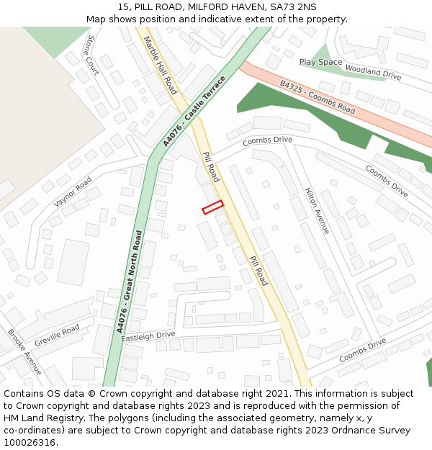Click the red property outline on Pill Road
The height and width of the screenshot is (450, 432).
[212, 207]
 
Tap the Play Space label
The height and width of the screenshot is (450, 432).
[320, 63]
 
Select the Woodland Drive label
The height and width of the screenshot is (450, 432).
[372, 71]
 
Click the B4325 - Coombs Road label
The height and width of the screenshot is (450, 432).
[318, 97]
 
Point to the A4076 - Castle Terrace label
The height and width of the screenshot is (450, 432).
[194, 110]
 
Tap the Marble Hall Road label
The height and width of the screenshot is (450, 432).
[160, 65]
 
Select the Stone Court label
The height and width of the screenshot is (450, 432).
[91, 55]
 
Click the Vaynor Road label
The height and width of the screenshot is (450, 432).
[72, 192]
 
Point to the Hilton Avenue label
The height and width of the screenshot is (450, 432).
[317, 210]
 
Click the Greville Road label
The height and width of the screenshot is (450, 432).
[57, 335]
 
